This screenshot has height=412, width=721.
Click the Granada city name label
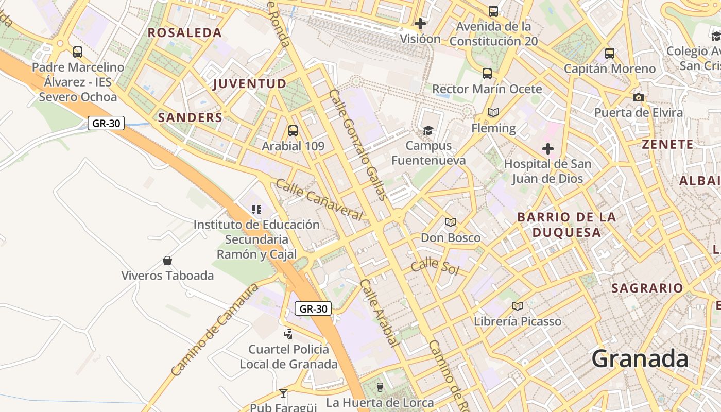640,358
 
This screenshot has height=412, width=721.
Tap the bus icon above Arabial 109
293,131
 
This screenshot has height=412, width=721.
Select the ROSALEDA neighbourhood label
185,33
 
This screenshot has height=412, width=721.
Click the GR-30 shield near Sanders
106,124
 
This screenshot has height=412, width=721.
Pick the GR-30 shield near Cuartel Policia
313,309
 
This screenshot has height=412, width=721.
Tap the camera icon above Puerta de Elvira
639,97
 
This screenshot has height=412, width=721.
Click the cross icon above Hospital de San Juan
548,149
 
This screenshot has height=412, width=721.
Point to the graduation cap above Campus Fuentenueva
428,130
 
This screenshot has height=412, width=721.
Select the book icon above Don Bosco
451,222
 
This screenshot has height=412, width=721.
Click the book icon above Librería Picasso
518,306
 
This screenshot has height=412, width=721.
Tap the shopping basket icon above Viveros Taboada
167,261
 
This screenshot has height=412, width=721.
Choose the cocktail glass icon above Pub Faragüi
283,393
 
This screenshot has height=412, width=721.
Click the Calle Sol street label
435,266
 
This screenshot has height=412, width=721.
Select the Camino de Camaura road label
214,330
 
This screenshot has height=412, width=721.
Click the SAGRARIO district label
647,288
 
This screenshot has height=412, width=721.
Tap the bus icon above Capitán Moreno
610,53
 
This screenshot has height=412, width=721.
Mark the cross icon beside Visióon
420,24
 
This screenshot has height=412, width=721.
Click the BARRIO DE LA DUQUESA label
566,225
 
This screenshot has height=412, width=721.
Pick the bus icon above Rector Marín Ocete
487,74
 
